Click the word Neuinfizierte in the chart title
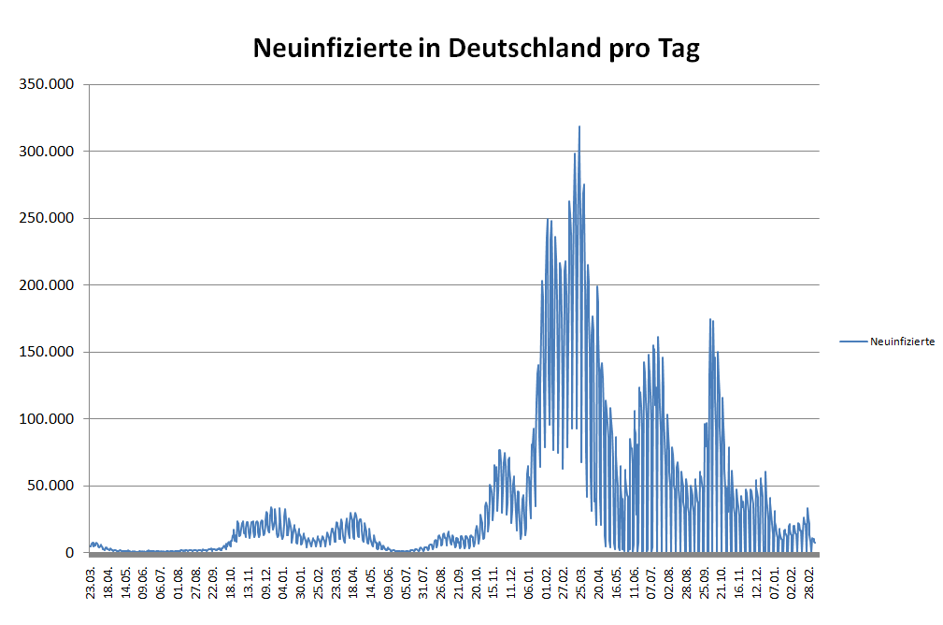click(x=332, y=49)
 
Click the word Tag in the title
click(x=679, y=49)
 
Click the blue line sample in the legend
click(x=853, y=342)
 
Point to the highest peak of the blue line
click(x=579, y=126)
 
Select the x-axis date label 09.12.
click(x=266, y=582)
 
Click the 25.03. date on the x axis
click(x=582, y=582)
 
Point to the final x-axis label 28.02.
click(x=811, y=582)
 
